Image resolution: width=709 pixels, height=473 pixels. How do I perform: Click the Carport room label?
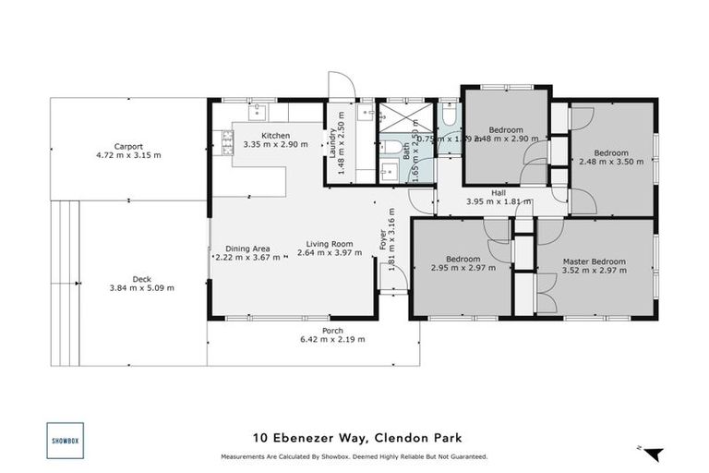pos(128,146)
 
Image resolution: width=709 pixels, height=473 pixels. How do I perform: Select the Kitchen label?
pos(275,135)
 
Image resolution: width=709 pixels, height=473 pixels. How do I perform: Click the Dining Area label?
pos(247,248)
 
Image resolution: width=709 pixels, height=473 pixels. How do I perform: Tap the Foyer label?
pos(383,240)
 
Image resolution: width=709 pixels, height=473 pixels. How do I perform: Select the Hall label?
pos(498,192)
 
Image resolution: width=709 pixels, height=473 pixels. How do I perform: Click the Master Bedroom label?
pos(594,261)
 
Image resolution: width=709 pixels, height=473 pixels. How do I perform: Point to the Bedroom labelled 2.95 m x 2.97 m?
pos(463,259)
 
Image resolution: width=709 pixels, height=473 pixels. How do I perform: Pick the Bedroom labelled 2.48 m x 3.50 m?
pos(610,152)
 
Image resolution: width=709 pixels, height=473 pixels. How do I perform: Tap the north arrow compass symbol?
pos(653,453)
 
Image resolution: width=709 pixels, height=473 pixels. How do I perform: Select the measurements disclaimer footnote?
pos(354,456)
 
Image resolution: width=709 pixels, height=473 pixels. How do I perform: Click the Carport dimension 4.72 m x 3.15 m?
pos(128,155)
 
